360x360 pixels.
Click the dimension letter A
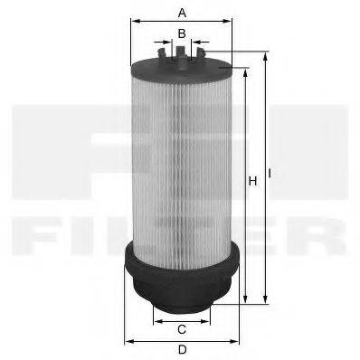[x=182, y=13]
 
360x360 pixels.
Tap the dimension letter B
[x=182, y=33]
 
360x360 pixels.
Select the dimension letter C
[x=182, y=328]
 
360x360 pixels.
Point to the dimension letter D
[x=182, y=350]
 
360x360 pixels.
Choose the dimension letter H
[x=253, y=182]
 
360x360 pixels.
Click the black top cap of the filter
[x=182, y=69]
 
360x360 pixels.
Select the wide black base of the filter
[x=182, y=276]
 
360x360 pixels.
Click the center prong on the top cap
[x=182, y=54]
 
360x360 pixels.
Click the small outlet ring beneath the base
[x=182, y=311]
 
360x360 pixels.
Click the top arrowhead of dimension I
[x=265, y=55]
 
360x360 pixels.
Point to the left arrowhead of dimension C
[x=155, y=320]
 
